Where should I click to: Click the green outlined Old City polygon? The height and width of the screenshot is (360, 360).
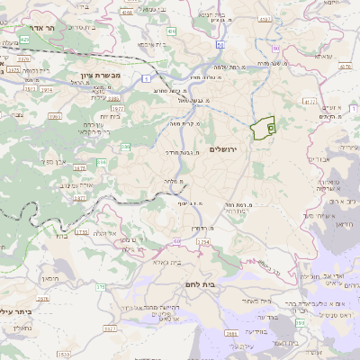click(x=263, y=129)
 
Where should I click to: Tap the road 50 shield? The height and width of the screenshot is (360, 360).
click(x=220, y=41)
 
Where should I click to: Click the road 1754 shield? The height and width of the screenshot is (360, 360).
click(x=82, y=231)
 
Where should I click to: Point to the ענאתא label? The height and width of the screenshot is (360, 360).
click(x=323, y=56)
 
